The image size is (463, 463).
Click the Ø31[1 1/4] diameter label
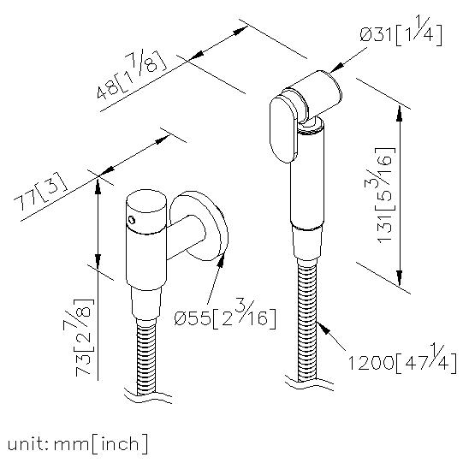(401, 32)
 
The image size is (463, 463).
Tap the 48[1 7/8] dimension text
(132, 75)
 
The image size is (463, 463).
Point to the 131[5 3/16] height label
(385, 195)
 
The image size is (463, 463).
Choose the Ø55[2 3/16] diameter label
(225, 315)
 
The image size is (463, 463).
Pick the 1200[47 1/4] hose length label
(402, 359)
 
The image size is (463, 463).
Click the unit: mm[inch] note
(77, 444)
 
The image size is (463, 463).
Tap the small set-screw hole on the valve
(132, 220)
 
